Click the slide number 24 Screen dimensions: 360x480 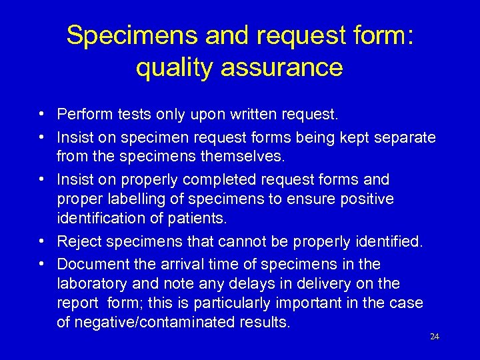[x=435, y=337]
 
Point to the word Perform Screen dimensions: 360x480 [x=83, y=115]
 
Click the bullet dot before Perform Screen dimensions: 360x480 [x=41, y=115]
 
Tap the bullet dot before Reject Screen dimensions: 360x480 [x=41, y=241]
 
